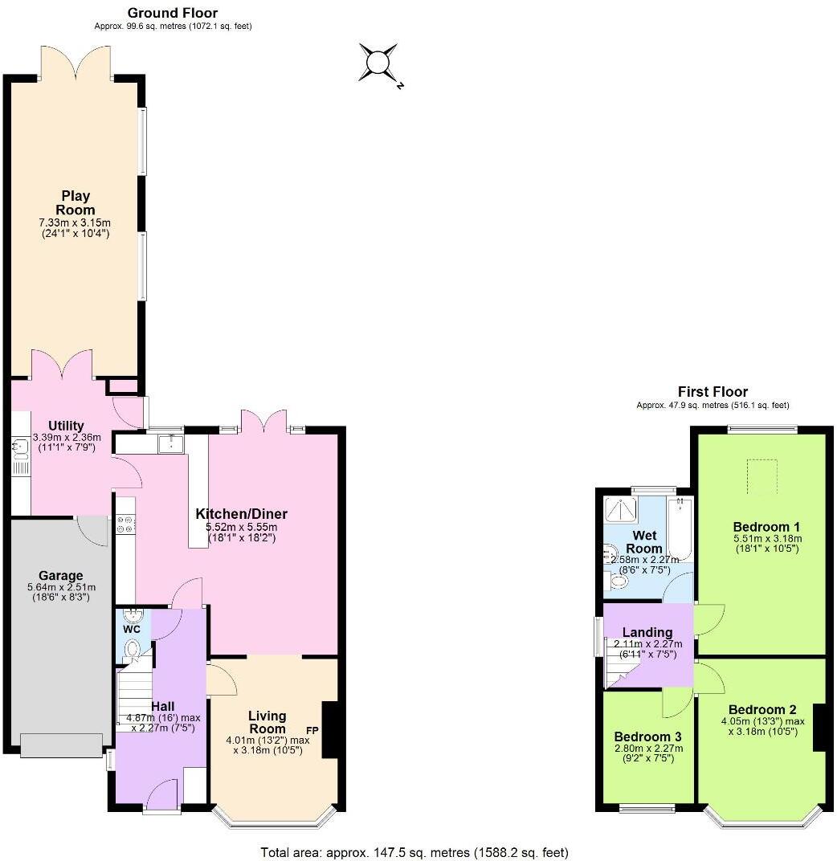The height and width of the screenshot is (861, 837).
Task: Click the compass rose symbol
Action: click(x=378, y=63)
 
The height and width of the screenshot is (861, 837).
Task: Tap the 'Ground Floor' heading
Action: click(x=173, y=13)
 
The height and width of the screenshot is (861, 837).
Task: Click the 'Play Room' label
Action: click(x=77, y=202)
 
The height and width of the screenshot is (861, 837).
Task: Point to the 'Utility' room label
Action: click(x=66, y=425)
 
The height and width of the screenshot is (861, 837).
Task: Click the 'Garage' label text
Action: click(x=61, y=575)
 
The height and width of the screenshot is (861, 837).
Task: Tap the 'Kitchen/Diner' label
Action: click(x=241, y=514)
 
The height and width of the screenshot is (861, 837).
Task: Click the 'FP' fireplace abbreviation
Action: click(x=312, y=730)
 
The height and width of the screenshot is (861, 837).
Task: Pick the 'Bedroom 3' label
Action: click(x=647, y=737)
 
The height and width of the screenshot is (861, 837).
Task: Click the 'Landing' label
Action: click(x=647, y=632)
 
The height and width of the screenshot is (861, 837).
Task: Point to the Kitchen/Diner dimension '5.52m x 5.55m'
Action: click(x=241, y=527)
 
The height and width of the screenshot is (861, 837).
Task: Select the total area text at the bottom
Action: click(x=414, y=852)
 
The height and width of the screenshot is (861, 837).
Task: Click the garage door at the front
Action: click(x=61, y=745)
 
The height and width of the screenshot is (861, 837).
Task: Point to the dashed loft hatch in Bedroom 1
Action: click(x=762, y=471)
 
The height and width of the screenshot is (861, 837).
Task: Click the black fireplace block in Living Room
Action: click(x=329, y=730)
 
